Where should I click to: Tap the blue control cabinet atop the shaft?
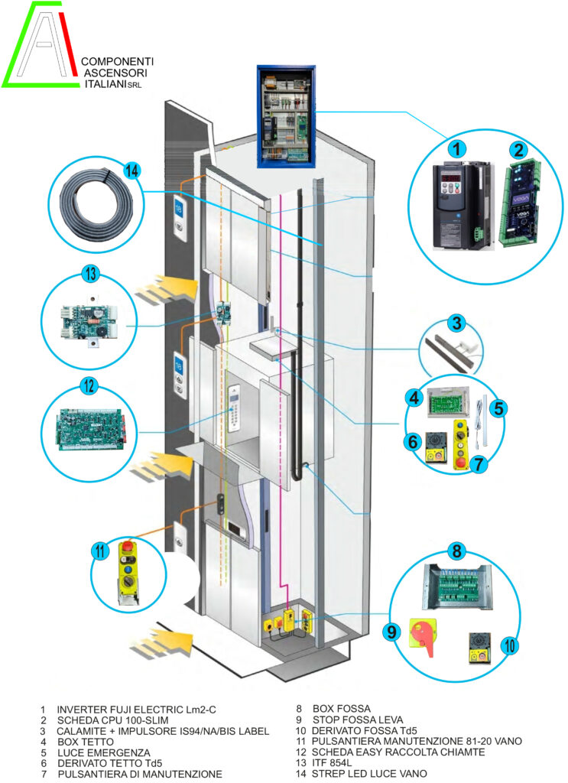pos(285,115)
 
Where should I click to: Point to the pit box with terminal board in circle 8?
pos(458,590)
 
